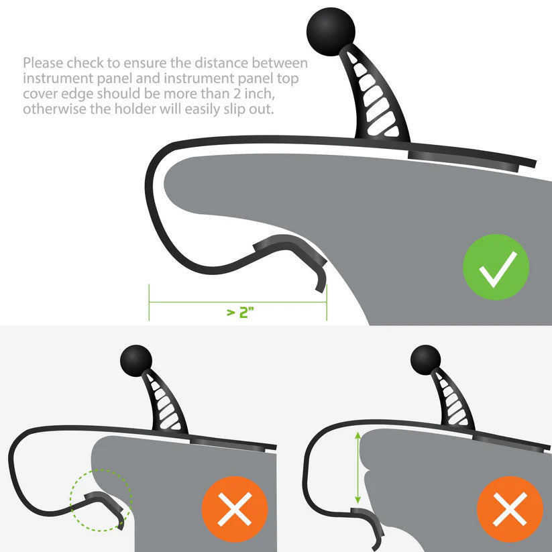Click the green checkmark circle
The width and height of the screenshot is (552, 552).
tap(496, 267)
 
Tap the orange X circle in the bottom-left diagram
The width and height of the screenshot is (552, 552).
tap(235, 509)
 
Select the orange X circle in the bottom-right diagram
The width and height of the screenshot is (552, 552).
tap(510, 509)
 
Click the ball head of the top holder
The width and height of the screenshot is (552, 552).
tap(331, 32)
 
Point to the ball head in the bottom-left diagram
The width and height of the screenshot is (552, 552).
tap(136, 361)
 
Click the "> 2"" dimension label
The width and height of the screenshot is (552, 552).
tap(240, 313)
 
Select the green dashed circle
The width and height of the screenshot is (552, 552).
tap(101, 500)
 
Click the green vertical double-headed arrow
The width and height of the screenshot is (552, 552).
tap(357, 467)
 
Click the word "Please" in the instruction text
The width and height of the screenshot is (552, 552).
tap(44, 63)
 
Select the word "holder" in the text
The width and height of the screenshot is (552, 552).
tap(135, 109)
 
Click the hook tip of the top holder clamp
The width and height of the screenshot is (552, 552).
tap(320, 288)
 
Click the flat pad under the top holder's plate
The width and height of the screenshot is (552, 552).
tap(463, 162)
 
